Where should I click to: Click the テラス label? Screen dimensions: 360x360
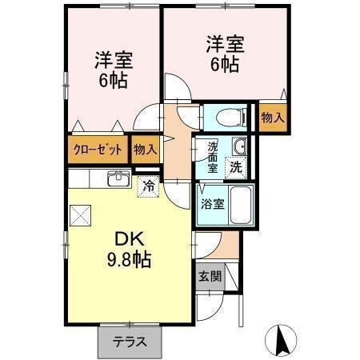pos(130,342)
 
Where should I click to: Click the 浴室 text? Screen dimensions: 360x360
pos(212,203)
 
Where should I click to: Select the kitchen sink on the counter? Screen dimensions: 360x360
pos(118,178)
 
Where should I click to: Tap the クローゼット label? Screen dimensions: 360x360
pos(98,150)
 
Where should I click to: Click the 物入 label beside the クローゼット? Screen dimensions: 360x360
pos(146,149)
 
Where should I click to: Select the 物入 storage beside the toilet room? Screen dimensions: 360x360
pos(273,117)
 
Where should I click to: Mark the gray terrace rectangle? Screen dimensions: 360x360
pos(130,342)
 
